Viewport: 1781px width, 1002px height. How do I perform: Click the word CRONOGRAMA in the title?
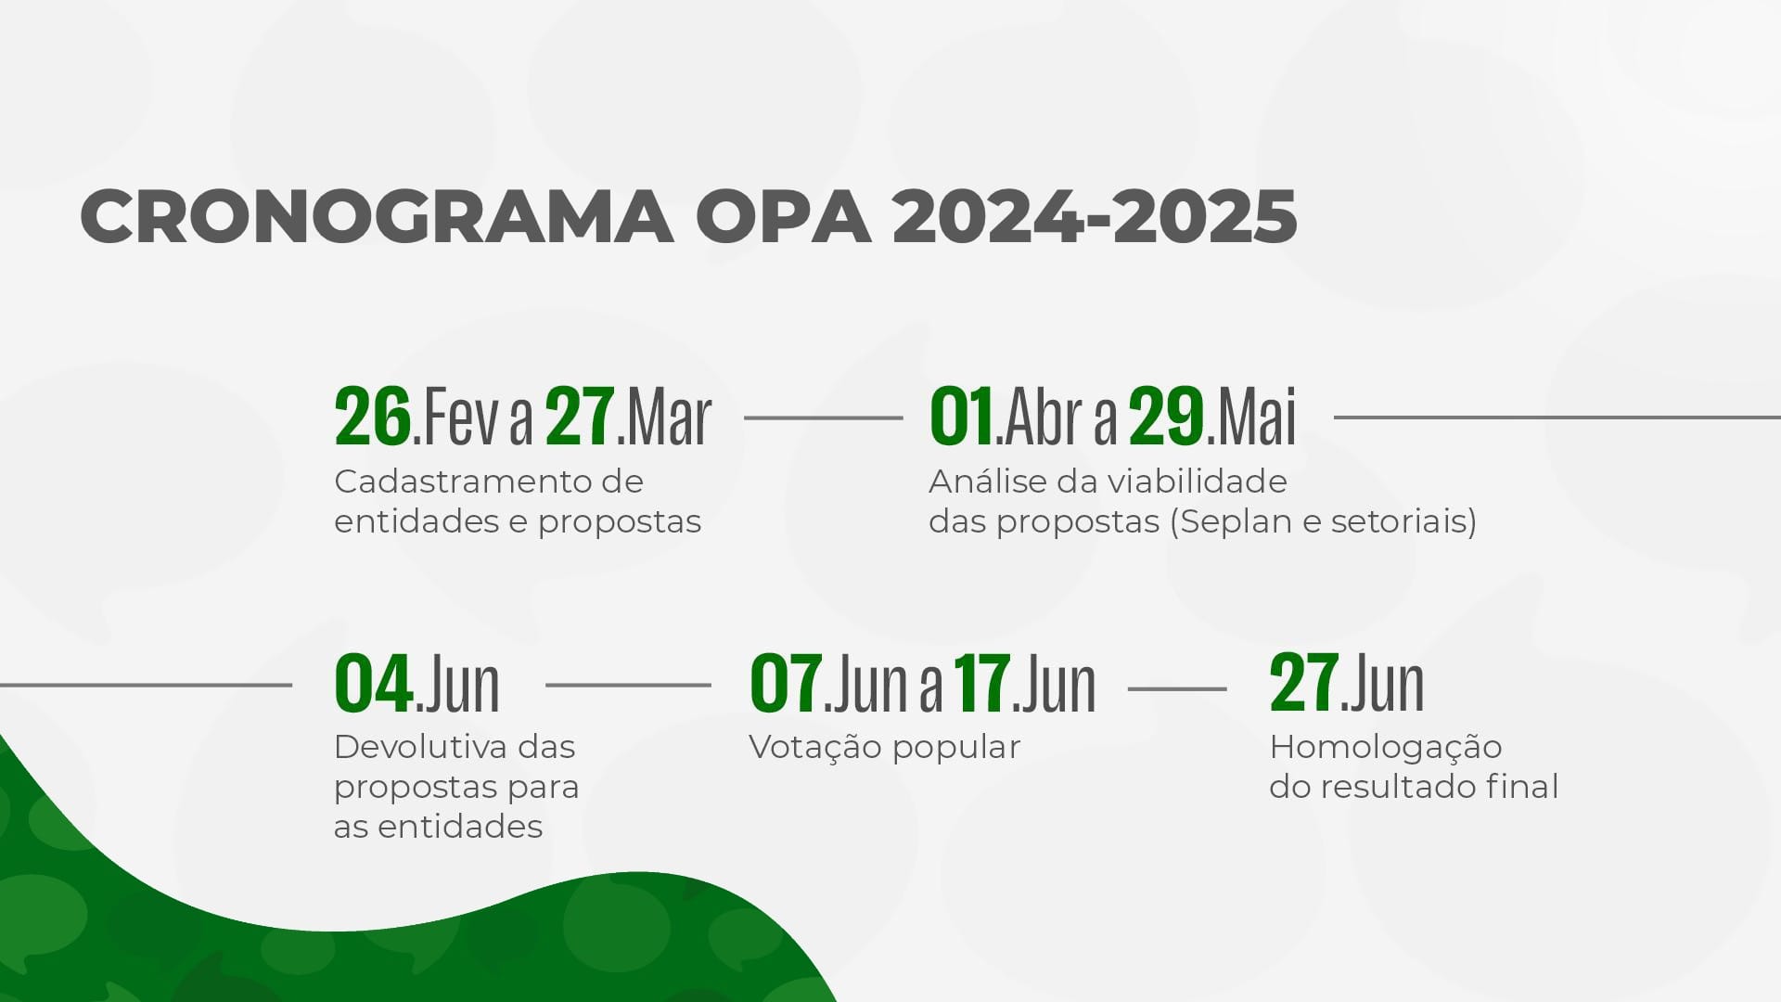coord(377,217)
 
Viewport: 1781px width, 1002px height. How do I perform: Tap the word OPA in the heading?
coord(783,217)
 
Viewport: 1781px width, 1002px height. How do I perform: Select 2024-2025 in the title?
coord(1095,217)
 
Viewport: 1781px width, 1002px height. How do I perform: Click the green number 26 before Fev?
coord(373,417)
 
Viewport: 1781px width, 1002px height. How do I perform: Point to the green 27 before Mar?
coord(580,417)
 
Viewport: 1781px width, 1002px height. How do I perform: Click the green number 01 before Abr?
coord(962,417)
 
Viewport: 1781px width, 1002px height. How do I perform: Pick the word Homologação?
coord(1386,747)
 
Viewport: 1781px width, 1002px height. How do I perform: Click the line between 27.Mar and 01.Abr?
coord(824,417)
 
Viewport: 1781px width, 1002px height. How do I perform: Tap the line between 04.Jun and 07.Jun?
coord(629,686)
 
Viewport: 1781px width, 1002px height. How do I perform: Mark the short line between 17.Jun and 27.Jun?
coord(1177,689)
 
